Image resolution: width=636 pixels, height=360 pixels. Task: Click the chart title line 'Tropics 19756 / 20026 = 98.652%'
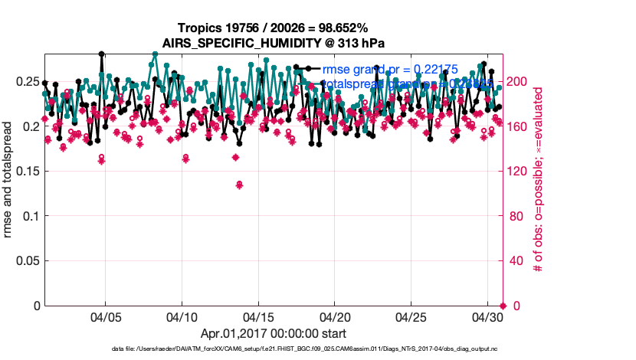pyautogui.click(x=274, y=28)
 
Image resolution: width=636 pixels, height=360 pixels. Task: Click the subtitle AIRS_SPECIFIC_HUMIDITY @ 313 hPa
pyautogui.click(x=274, y=42)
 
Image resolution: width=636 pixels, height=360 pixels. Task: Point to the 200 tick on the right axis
pyautogui.click(x=518, y=81)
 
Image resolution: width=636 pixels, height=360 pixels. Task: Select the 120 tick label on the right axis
pyautogui.click(x=518, y=171)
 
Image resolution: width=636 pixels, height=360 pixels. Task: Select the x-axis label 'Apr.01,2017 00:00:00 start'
pyautogui.click(x=274, y=334)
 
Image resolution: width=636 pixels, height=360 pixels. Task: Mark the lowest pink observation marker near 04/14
pyautogui.click(x=240, y=185)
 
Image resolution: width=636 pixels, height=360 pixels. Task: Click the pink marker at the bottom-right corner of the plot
pyautogui.click(x=503, y=306)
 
